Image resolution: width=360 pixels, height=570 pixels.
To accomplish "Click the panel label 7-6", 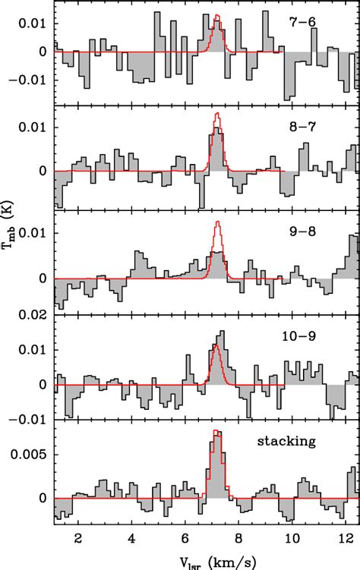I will click(x=310, y=23).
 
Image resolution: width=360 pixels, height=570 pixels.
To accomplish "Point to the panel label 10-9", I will click(x=310, y=331).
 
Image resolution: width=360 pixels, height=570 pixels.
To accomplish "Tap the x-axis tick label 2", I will click(x=78, y=537).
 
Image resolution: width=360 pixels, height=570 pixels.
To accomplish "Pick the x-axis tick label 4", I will click(x=132, y=537).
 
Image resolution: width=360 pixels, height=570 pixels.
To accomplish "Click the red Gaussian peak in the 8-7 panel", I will click(x=218, y=114).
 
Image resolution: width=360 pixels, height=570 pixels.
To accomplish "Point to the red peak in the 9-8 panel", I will click(x=218, y=222).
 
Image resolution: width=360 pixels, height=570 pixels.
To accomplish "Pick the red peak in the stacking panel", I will click(x=218, y=431).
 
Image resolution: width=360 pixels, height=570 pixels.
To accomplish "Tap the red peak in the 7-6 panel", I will click(x=218, y=15).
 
